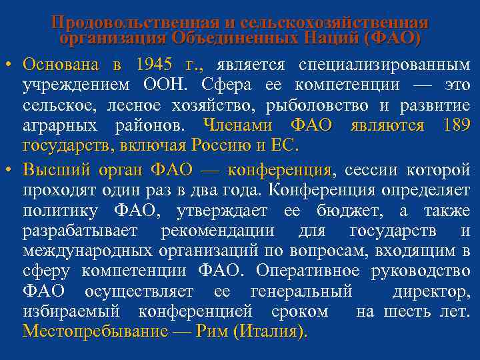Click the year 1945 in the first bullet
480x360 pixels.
pos(153,65)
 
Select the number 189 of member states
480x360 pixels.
pos(455,125)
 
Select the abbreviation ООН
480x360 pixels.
pos(169,85)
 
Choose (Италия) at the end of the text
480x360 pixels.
pos(269,331)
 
